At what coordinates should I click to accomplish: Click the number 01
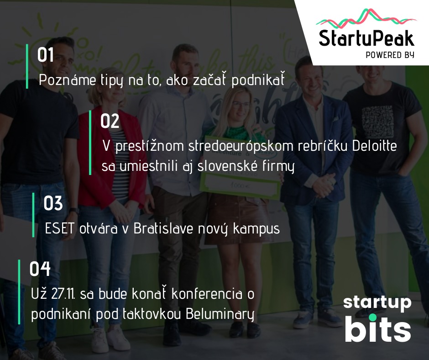pyautogui.click(x=46, y=55)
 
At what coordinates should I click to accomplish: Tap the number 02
pyautogui.click(x=110, y=121)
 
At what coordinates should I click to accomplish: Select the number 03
pyautogui.click(x=53, y=203)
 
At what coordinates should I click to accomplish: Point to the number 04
pyautogui.click(x=40, y=269)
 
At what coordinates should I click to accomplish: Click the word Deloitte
pyautogui.click(x=374, y=146)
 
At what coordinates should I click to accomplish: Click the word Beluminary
pyautogui.click(x=220, y=314)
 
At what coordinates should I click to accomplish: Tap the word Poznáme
pyautogui.click(x=67, y=80)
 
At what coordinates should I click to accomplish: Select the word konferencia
pyautogui.click(x=207, y=294)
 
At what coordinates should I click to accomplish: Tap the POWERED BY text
pyautogui.click(x=390, y=55)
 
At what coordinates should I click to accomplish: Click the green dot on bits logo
pyautogui.click(x=372, y=318)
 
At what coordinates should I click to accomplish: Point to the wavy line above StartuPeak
pyautogui.click(x=366, y=19)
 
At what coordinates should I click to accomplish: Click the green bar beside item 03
pyautogui.click(x=33, y=215)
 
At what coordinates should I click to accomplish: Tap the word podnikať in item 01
pyautogui.click(x=258, y=79)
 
